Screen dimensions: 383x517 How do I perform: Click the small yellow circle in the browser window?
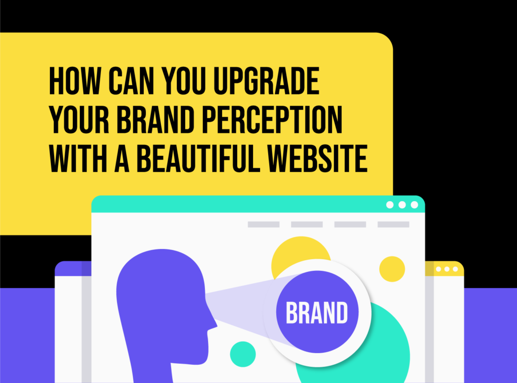392,269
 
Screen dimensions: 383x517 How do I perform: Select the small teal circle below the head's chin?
243,354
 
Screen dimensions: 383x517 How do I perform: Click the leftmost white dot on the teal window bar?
390,205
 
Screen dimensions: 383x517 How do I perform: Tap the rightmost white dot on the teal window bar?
415,205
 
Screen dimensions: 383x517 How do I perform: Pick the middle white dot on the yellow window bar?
447,269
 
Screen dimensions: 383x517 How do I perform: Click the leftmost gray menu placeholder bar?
263,224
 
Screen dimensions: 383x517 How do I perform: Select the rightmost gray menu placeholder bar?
393,224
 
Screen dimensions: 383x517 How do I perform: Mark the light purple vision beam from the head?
237,308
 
